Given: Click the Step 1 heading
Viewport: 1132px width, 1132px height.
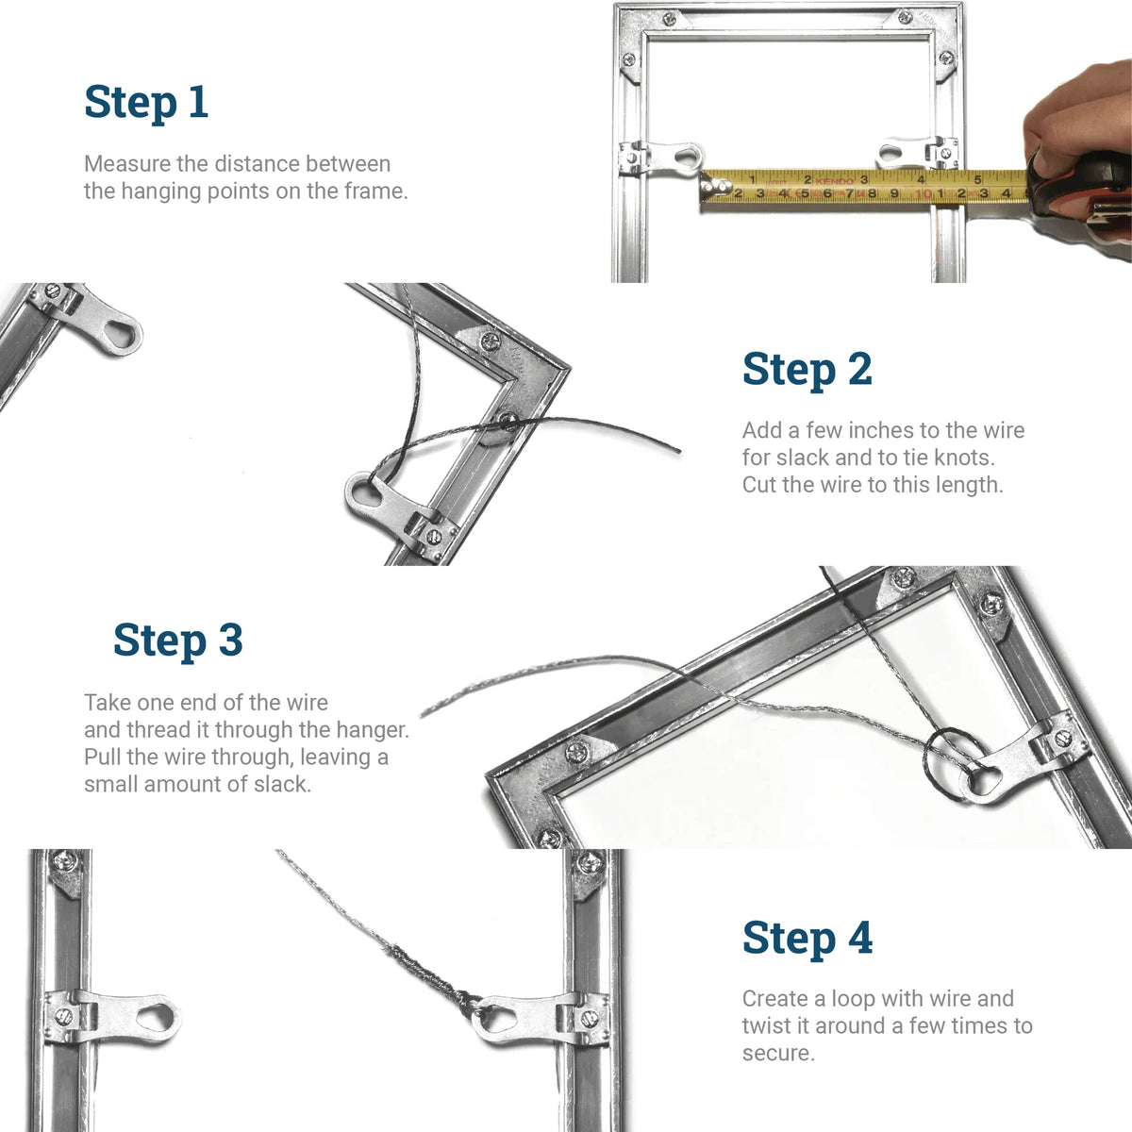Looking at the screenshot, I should pos(146,102).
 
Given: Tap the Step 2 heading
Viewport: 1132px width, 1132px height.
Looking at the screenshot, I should pos(807,369).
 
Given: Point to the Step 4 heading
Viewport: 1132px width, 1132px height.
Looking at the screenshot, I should pos(807,938).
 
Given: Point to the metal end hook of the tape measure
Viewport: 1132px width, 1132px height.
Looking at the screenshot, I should pos(706,191).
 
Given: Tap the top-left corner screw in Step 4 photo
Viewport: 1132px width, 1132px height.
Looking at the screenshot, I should pos(64,860).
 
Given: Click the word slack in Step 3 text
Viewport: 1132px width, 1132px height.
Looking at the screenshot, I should pos(281,784).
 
